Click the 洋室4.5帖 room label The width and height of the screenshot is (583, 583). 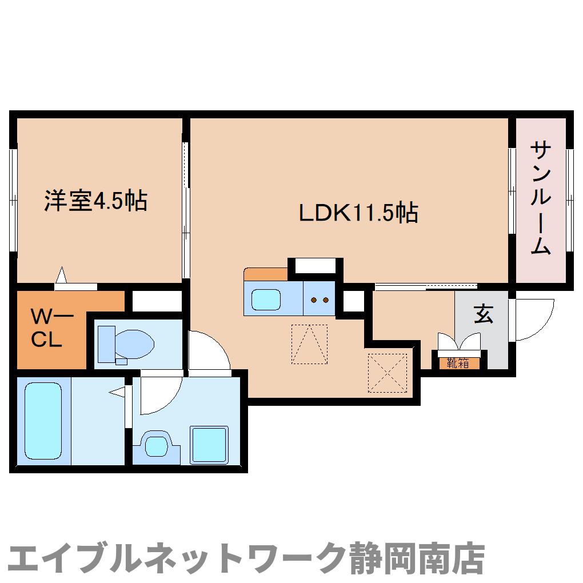point(96,201)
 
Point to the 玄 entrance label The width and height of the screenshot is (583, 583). point(484,315)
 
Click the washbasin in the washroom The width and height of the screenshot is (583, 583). point(155,445)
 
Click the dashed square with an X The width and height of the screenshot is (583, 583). point(387,374)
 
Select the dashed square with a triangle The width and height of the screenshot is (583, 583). point(309,344)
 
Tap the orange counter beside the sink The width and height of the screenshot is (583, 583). point(266,274)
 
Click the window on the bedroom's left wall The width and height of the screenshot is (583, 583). point(13,200)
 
